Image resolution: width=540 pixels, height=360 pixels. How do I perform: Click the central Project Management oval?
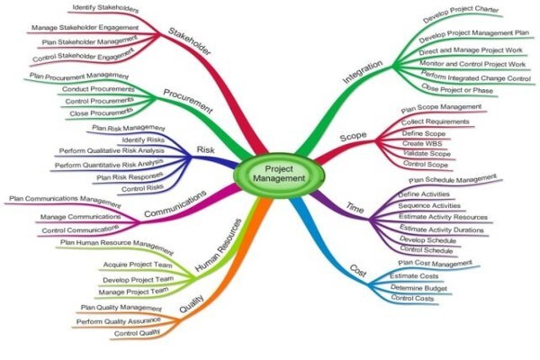279,174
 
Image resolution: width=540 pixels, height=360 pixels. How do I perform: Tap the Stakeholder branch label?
189,41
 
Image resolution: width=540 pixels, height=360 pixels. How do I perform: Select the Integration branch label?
363,72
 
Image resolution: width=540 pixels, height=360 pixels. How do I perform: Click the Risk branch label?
205,150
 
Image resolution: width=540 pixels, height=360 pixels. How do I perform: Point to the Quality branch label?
192,303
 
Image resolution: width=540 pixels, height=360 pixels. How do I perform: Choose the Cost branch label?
358,271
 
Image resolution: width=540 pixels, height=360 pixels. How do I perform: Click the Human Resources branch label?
219,246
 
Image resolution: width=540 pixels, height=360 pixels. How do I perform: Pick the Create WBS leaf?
422,143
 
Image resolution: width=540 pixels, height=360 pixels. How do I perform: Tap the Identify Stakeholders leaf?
105,8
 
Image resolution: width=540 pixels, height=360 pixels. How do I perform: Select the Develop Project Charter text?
461,13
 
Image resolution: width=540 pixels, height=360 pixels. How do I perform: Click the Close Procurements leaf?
101,112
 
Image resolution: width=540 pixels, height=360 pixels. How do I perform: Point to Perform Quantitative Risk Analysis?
109,164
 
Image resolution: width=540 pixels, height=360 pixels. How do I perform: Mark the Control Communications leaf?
80,229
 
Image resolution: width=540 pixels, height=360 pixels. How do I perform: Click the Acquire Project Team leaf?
138,265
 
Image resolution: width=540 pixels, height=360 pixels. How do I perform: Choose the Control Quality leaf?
137,333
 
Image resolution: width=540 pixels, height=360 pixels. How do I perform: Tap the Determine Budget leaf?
418,288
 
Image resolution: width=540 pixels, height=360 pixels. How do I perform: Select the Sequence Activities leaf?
429,206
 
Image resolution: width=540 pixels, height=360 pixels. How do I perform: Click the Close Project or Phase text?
457,89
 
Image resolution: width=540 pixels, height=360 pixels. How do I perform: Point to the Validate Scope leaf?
427,153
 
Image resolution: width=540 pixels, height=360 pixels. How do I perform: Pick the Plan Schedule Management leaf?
453,179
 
